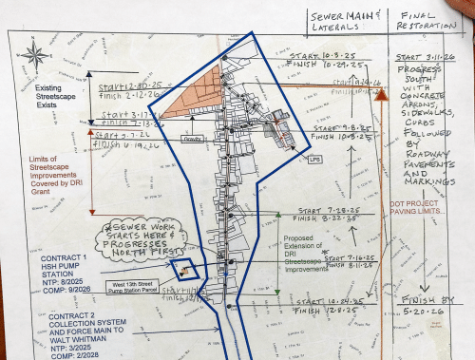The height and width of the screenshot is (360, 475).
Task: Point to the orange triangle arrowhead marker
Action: point(381,94)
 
